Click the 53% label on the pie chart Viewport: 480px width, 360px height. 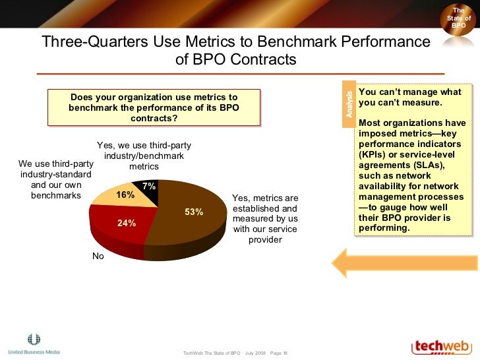click(x=194, y=212)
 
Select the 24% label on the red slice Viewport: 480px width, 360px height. click(x=127, y=223)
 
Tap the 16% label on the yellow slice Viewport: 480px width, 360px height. click(x=125, y=195)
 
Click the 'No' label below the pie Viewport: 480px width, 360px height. click(x=98, y=256)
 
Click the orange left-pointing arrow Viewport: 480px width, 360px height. click(x=404, y=262)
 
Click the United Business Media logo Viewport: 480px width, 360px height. click(x=34, y=345)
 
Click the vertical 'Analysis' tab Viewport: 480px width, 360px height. click(x=349, y=104)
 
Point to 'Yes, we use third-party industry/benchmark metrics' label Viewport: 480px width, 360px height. click(x=144, y=156)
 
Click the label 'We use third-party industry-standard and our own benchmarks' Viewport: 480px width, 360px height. click(x=55, y=179)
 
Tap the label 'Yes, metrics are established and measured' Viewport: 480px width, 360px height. click(x=265, y=218)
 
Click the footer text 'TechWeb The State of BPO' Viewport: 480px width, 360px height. click(x=212, y=353)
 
